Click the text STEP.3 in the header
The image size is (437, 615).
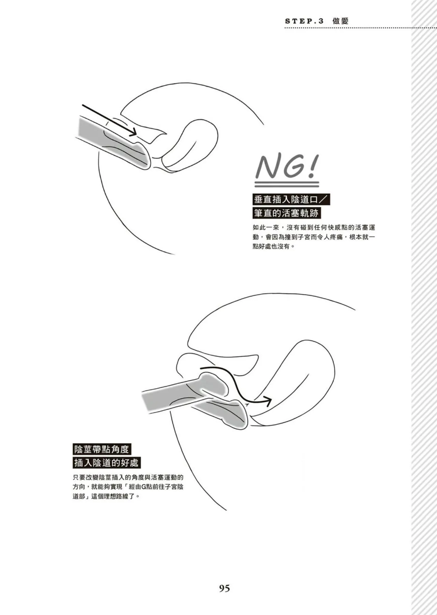point(304,21)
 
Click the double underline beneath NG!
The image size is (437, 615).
point(287,185)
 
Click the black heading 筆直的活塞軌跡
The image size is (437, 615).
point(286,213)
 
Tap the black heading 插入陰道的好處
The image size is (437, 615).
point(107,463)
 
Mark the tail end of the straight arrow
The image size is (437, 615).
point(83,106)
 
